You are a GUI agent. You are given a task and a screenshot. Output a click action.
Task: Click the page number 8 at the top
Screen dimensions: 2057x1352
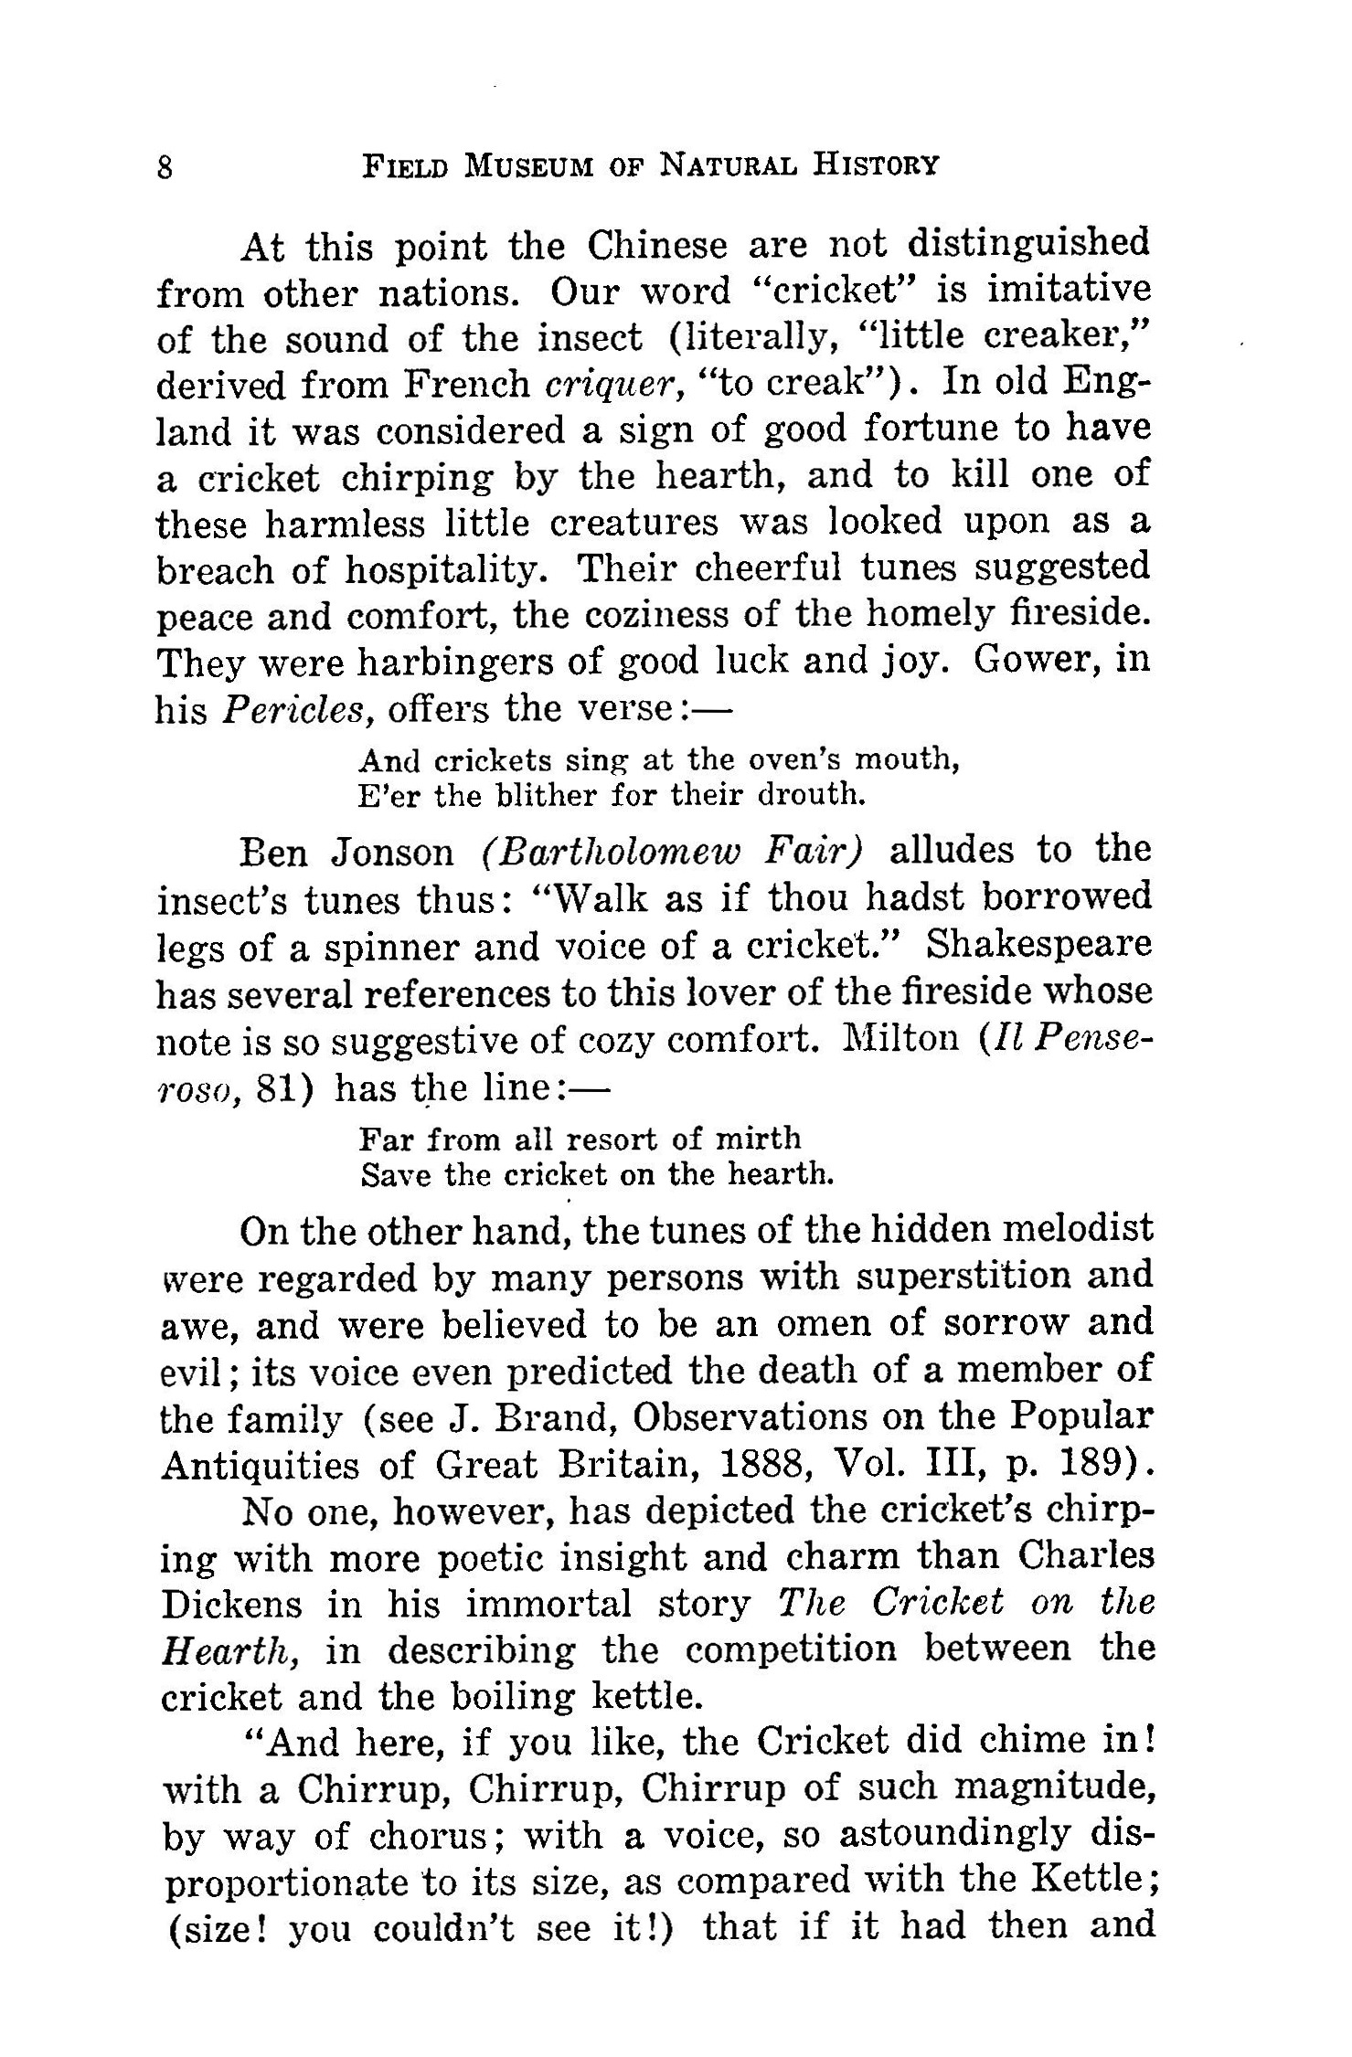point(165,168)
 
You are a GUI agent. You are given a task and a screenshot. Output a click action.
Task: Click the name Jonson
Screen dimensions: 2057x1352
point(393,852)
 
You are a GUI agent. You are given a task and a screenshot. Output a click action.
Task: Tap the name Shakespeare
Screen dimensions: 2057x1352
point(1039,945)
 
